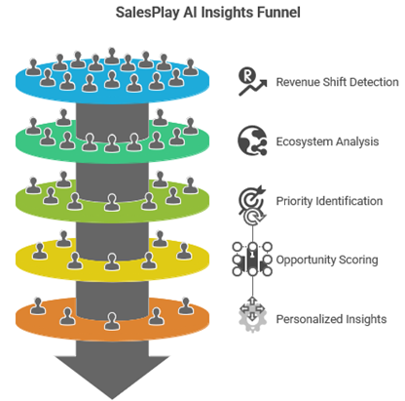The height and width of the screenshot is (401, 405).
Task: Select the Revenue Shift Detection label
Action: click(x=337, y=82)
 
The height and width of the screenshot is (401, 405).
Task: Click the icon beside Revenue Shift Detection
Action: click(x=252, y=82)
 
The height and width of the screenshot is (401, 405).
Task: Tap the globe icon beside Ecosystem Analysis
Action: click(x=252, y=141)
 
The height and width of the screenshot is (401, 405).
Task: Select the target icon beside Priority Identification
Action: click(x=252, y=201)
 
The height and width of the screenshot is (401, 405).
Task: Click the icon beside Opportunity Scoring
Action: click(x=252, y=261)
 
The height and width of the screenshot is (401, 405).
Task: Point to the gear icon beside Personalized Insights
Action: click(x=252, y=319)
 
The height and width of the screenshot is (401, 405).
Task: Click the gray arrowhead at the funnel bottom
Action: click(x=116, y=376)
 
